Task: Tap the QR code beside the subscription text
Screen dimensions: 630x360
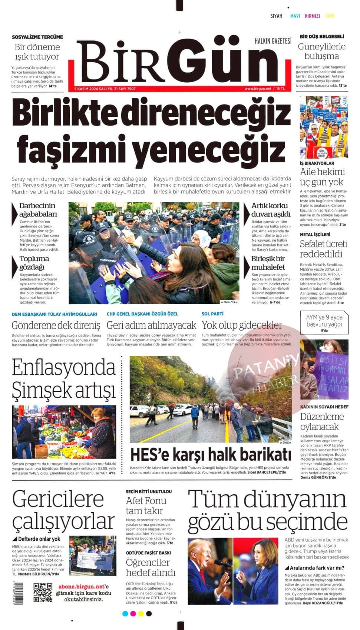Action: click(43, 593)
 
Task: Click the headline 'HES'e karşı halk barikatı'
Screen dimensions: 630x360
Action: click(210, 455)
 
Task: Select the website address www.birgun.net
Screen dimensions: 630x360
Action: click(258, 89)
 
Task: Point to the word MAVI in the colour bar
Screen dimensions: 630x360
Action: click(295, 16)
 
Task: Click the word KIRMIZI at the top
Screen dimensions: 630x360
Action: click(312, 16)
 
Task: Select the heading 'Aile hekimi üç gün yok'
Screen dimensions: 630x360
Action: click(322, 177)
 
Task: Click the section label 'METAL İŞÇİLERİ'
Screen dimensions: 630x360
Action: click(315, 234)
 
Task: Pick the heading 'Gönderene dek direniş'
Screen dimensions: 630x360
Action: click(56, 325)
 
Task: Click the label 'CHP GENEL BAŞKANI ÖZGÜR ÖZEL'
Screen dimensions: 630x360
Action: click(142, 314)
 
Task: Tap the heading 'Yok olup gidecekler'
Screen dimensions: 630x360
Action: click(242, 325)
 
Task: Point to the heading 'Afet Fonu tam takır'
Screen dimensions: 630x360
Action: click(146, 505)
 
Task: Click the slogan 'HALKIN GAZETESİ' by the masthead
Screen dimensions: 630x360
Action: click(273, 41)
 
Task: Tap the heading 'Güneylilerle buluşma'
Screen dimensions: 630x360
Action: click(321, 51)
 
